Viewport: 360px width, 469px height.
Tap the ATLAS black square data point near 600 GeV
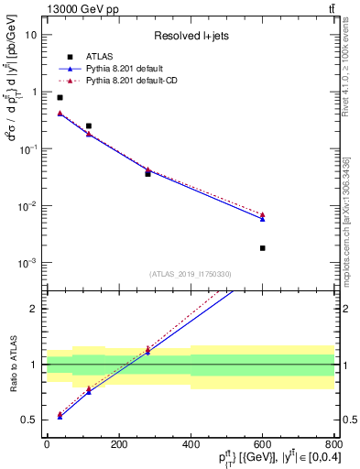pos(263,248)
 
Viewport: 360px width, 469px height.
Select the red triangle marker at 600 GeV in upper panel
pos(263,214)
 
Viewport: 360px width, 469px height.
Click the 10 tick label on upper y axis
pos(31,35)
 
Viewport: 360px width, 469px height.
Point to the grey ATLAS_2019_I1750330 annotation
pos(191,274)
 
